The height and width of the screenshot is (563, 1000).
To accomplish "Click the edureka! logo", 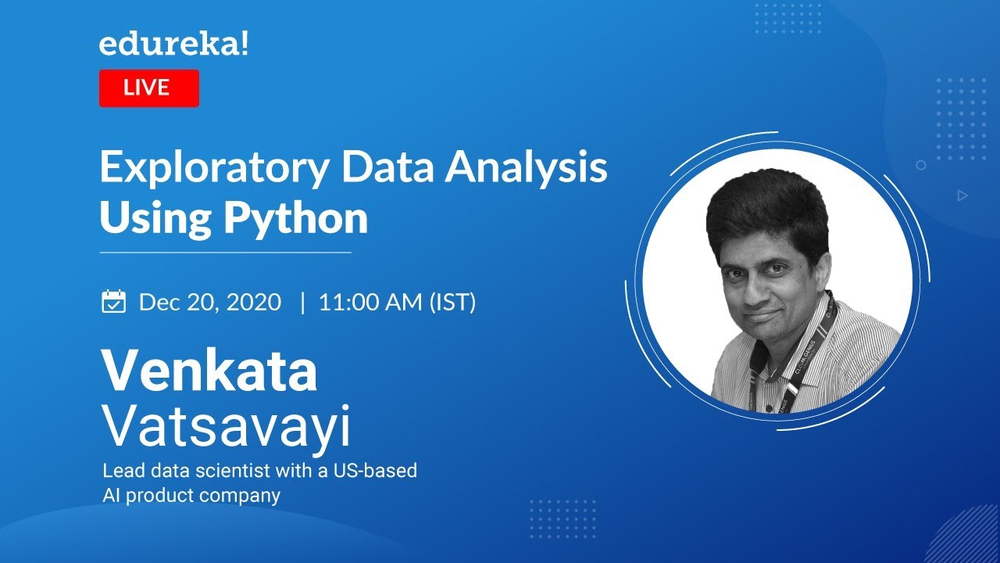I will pos(174,45).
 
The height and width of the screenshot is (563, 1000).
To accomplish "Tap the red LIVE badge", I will pos(148,88).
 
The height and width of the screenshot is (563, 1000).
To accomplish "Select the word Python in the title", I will pos(296,218).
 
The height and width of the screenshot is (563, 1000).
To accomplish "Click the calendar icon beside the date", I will pos(114,301).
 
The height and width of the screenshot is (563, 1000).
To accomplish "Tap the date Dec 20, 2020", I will pos(209,303).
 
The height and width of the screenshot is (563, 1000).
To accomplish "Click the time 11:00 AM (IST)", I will pos(397,303).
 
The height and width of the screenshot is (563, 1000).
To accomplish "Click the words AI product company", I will pos(191,495).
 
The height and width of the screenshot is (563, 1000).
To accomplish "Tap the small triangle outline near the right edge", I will pos(962,195).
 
